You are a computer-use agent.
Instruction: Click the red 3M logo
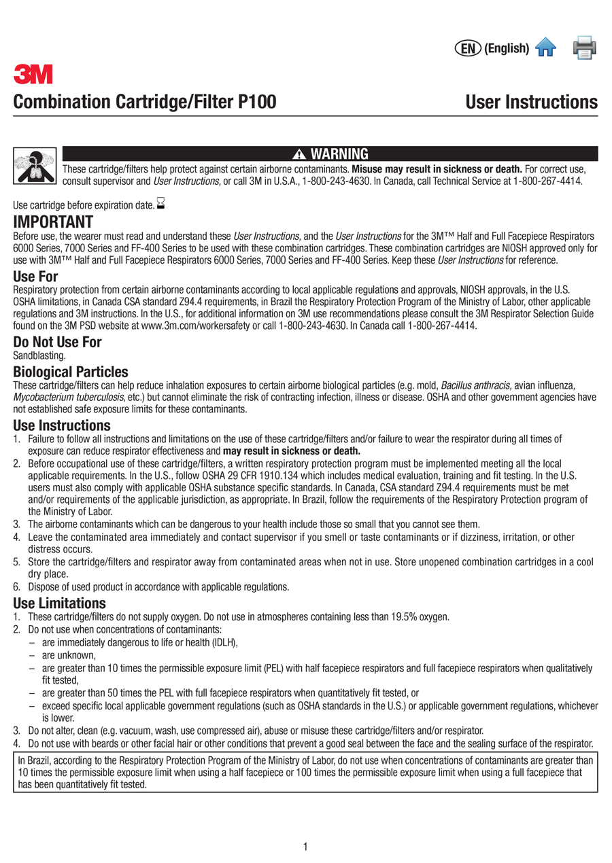[x=33, y=74]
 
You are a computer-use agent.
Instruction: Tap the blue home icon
[x=545, y=48]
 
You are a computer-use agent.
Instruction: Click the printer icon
[x=585, y=48]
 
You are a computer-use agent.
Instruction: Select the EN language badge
[x=467, y=48]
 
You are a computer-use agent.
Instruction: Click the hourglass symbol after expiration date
[x=160, y=202]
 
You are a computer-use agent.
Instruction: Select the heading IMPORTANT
[x=53, y=222]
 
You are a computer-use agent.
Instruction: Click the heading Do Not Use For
[x=58, y=342]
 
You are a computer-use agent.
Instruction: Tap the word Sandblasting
[x=39, y=355]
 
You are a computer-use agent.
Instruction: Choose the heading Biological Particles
[x=71, y=372]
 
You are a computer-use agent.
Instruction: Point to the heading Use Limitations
[x=60, y=603]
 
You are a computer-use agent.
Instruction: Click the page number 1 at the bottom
[x=306, y=846]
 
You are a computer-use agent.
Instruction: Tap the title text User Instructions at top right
[x=531, y=103]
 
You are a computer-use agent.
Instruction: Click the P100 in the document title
[x=256, y=103]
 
